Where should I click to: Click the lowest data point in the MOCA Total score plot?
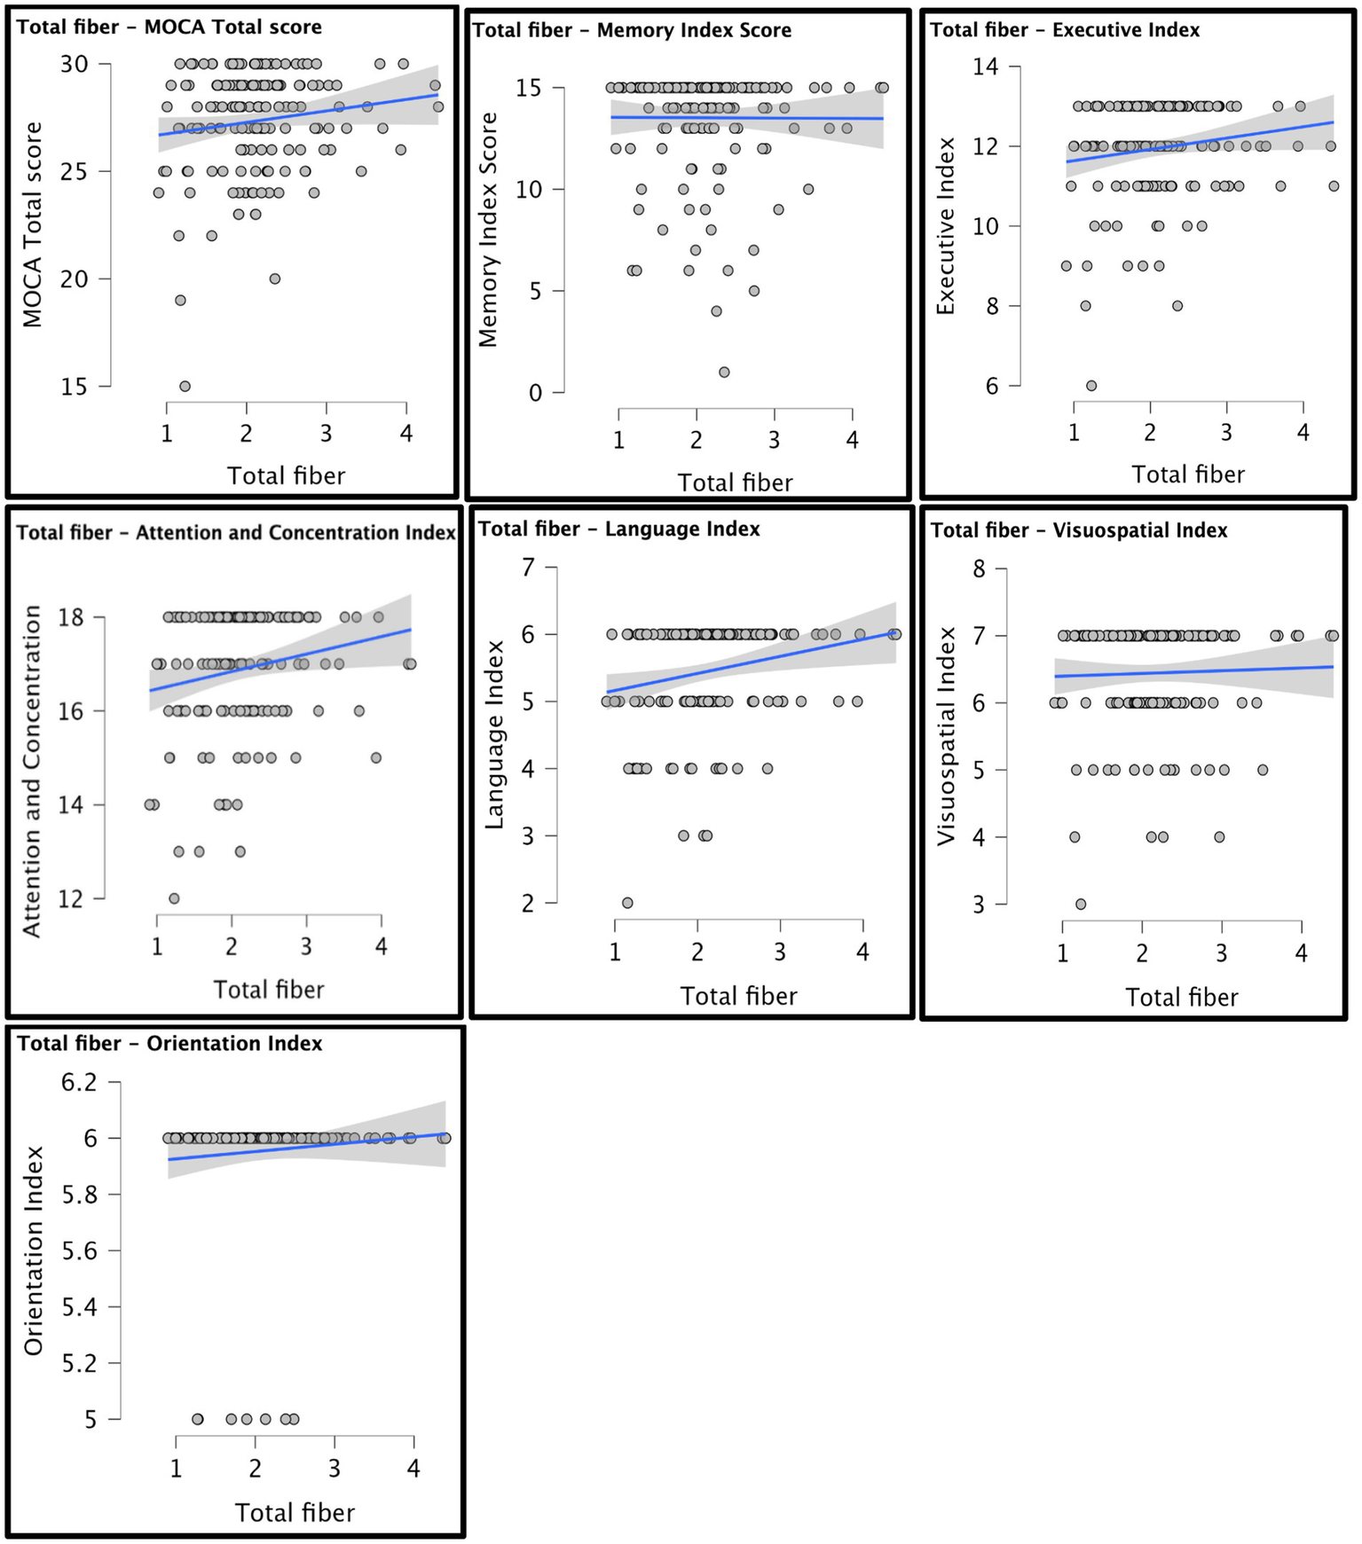[185, 386]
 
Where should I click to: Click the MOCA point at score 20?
[275, 278]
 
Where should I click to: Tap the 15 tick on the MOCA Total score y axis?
[75, 387]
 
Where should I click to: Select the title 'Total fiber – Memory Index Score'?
[631, 30]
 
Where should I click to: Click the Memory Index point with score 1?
[724, 372]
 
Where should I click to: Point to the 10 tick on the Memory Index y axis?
[528, 190]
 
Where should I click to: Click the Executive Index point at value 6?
[1091, 386]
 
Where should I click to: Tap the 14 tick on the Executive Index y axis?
[985, 67]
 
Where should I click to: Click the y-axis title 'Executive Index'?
[946, 226]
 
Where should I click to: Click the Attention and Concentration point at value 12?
[174, 898]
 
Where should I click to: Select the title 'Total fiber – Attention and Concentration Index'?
[236, 532]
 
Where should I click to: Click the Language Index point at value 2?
[627, 903]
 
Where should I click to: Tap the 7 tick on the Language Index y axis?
[528, 567]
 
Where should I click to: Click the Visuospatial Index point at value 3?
[1081, 905]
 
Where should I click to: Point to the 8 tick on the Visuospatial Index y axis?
[979, 568]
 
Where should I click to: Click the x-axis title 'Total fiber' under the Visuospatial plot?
[1181, 998]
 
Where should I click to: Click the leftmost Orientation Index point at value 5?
[198, 1419]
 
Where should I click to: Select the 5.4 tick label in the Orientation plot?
[78, 1307]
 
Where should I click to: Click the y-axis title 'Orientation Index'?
[34, 1250]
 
